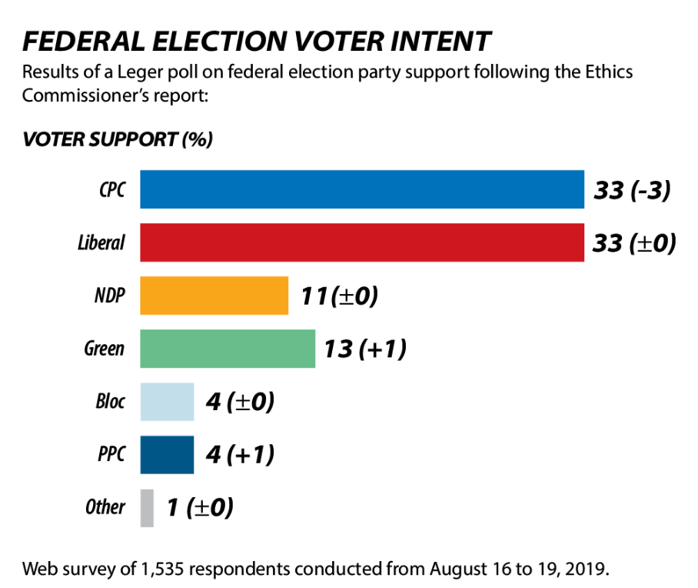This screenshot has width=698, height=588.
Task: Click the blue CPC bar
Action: [361, 189]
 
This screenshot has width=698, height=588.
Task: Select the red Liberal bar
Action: [361, 242]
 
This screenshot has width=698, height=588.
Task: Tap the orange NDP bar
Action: [214, 296]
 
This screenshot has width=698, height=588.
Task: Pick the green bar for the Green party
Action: [227, 349]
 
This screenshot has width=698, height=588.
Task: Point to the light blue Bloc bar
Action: [167, 402]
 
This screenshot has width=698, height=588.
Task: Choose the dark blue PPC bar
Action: [167, 455]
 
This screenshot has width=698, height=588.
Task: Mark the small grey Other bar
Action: [147, 508]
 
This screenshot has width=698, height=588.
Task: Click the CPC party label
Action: [111, 190]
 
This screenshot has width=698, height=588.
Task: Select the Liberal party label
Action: [101, 243]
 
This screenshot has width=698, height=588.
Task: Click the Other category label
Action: [105, 507]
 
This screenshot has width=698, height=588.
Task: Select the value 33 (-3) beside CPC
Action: [632, 190]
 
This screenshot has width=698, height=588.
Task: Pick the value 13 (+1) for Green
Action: [364, 349]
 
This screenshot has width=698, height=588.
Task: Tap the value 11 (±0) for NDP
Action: [338, 296]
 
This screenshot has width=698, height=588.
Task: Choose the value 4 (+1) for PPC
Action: [240, 455]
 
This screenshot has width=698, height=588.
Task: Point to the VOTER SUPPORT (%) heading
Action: [118, 140]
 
